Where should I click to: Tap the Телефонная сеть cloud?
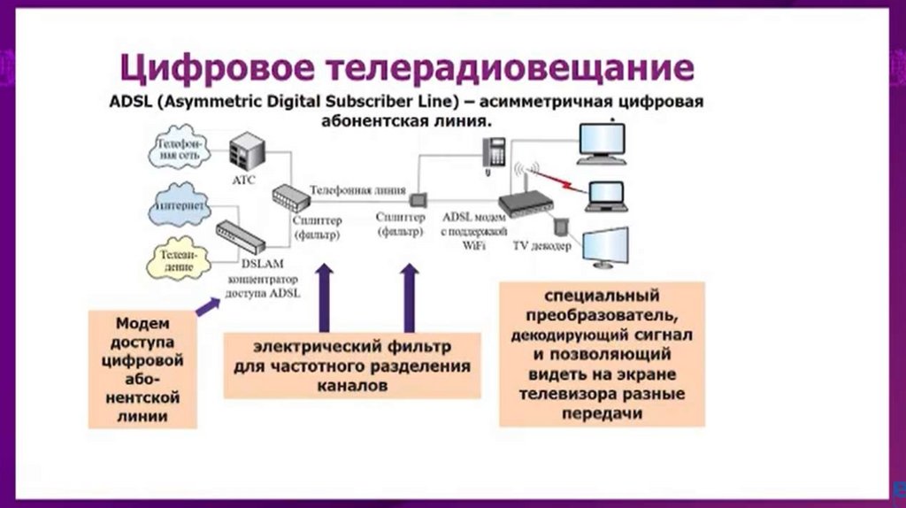180,149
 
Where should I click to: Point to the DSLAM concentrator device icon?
240,237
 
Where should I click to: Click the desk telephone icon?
494,152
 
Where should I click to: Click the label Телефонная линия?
358,189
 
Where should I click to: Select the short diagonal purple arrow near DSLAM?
208,306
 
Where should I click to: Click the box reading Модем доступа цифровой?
142,368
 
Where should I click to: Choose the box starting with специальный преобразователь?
602,353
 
